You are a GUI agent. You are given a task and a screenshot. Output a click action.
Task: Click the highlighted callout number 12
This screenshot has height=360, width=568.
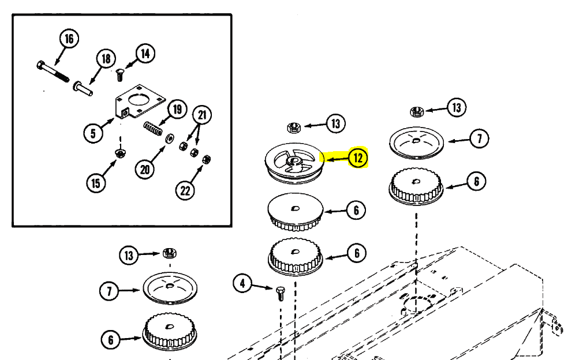click(x=358, y=157)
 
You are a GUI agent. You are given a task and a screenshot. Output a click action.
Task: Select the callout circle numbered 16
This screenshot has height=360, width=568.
click(x=69, y=39)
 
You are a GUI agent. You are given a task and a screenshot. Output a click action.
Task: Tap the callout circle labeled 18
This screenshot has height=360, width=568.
click(x=105, y=59)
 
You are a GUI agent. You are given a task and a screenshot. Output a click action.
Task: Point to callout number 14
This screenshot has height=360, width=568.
click(x=144, y=54)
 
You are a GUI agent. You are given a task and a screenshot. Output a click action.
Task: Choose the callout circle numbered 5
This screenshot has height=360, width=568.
click(x=93, y=133)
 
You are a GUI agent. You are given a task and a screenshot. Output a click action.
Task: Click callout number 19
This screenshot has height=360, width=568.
click(x=177, y=109)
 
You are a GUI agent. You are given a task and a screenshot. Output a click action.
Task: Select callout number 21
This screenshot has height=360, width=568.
click(x=201, y=115)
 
